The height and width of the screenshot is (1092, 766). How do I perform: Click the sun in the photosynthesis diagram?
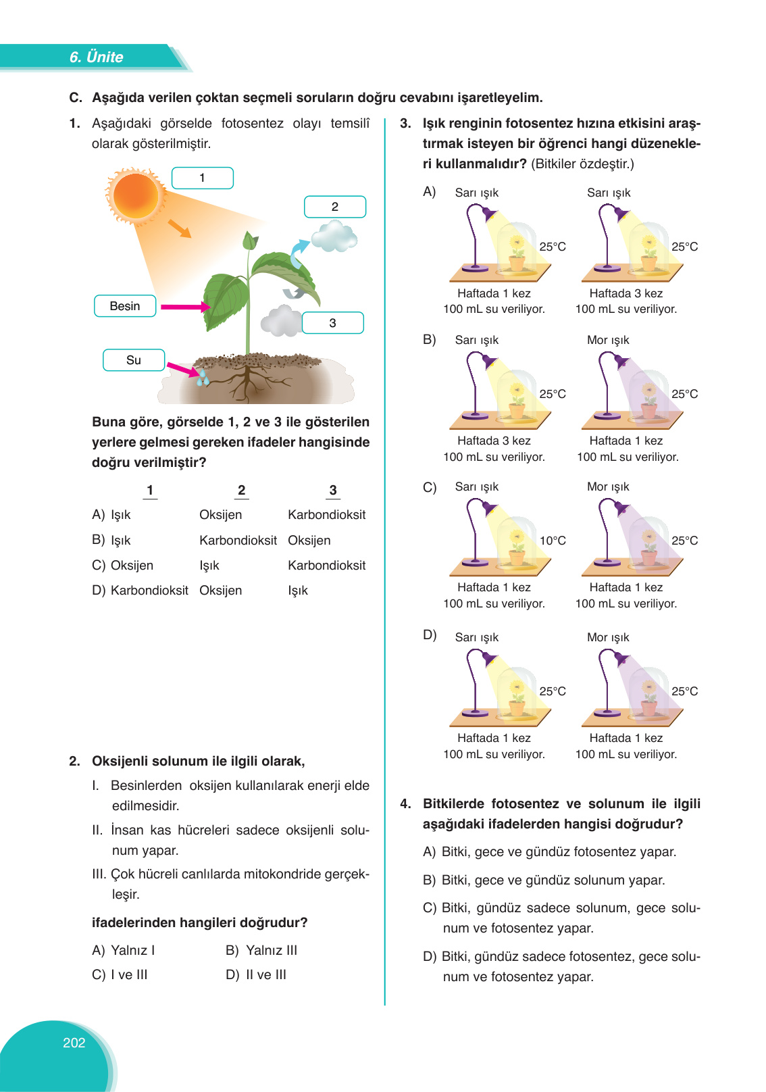(136, 195)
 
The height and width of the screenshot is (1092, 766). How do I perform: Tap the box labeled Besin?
(125, 306)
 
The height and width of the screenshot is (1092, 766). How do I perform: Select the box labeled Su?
(134, 360)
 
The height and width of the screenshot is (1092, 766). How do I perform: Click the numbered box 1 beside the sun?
(202, 178)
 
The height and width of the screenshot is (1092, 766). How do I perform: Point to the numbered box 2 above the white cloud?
(334, 207)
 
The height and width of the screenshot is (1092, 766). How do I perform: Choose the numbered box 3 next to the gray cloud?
(332, 323)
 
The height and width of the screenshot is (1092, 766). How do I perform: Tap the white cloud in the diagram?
(334, 237)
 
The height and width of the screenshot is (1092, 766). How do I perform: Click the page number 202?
(74, 1043)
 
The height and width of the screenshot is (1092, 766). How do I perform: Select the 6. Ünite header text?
(96, 57)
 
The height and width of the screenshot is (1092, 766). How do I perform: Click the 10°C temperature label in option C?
(553, 541)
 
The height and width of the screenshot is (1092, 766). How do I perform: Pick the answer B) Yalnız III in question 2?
(261, 950)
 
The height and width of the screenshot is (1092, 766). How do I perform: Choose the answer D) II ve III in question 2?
(256, 974)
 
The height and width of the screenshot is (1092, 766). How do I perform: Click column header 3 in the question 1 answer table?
(332, 491)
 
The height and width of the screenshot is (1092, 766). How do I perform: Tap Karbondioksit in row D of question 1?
(149, 590)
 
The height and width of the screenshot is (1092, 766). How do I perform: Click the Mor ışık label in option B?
(608, 340)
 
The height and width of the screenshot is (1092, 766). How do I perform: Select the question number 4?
(405, 803)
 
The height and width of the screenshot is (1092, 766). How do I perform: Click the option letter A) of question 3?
(430, 192)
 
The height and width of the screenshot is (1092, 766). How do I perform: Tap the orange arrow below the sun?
(179, 228)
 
